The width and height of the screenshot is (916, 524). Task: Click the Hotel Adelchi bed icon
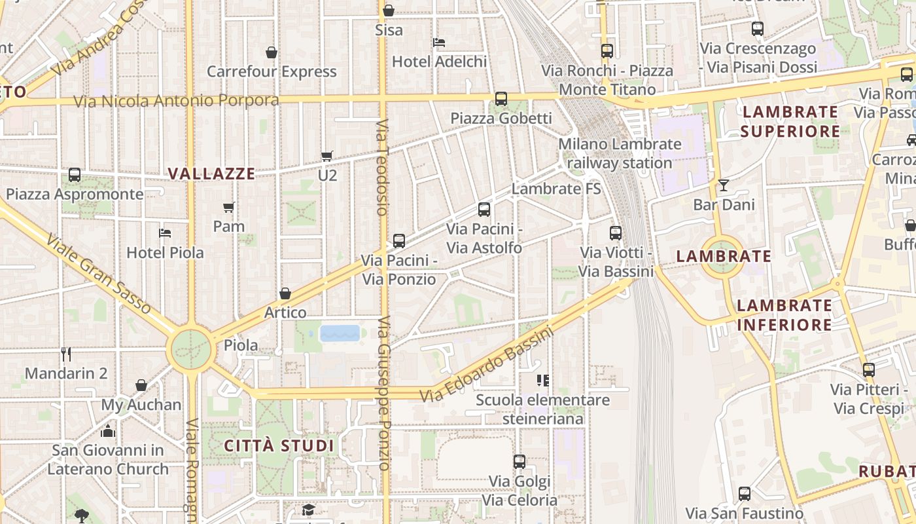[439, 43]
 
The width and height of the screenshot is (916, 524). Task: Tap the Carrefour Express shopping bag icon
[272, 52]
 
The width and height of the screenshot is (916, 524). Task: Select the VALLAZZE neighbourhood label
[211, 174]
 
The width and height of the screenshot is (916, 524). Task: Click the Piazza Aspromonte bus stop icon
[75, 175]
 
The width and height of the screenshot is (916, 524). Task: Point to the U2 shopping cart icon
[327, 156]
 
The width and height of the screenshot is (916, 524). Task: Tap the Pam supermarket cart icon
[229, 208]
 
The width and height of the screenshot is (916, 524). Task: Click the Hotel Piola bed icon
[165, 233]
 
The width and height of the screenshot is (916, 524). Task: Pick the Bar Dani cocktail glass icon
[724, 185]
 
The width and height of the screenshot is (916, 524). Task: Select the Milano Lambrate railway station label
[620, 153]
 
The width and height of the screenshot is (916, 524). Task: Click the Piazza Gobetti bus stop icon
[501, 99]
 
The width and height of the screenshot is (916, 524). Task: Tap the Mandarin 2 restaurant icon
[65, 354]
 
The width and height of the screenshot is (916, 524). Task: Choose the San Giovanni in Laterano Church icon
[108, 431]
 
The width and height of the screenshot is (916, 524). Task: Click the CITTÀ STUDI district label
[279, 446]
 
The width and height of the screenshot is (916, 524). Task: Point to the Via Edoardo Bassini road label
[486, 365]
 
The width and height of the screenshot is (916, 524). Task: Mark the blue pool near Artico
[340, 333]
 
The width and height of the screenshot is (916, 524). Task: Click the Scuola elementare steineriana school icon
[542, 381]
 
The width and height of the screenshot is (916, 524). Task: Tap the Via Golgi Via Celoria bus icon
[520, 462]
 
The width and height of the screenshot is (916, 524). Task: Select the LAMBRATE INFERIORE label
[784, 314]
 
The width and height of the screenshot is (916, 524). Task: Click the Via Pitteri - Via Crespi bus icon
[868, 370]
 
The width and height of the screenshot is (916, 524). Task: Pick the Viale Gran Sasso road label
[98, 273]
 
